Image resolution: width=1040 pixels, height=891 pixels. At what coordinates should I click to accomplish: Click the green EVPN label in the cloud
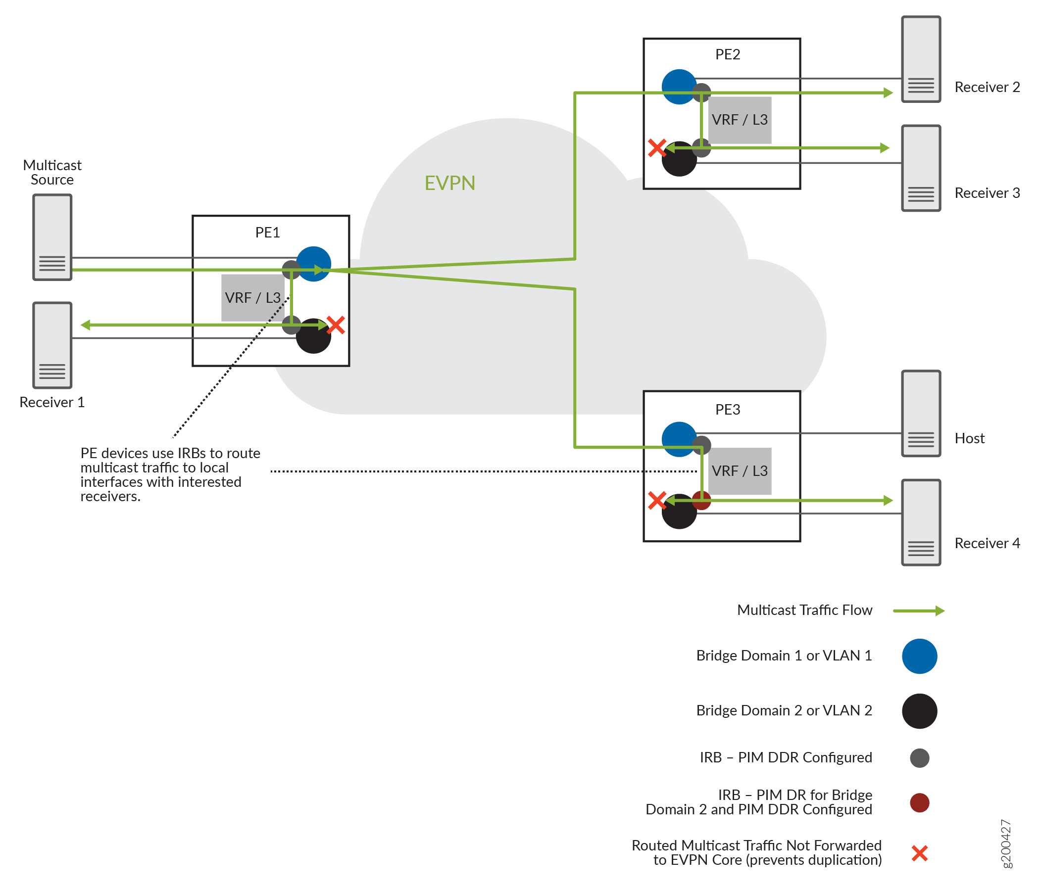(450, 183)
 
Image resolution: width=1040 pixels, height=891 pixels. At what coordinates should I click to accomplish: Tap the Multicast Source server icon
(52, 237)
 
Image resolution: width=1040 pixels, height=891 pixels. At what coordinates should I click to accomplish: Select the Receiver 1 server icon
(52, 345)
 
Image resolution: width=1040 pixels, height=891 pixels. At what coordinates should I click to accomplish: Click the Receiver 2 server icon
(921, 59)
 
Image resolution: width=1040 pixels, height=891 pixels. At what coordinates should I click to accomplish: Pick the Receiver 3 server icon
(921, 168)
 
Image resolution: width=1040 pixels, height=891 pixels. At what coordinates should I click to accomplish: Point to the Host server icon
(921, 414)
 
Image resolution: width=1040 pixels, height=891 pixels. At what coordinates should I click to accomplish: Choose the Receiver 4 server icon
(921, 522)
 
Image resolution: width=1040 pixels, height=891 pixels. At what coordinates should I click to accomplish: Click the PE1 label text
(267, 233)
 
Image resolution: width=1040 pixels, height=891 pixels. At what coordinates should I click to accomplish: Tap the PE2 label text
(727, 54)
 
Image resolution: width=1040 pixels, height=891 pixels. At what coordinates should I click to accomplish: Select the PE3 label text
(727, 409)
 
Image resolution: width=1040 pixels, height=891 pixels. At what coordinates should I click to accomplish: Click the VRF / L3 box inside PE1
(252, 297)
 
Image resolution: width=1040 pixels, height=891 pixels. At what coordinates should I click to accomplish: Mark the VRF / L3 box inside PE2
(740, 120)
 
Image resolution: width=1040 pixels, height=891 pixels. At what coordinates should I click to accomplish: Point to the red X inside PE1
(335, 325)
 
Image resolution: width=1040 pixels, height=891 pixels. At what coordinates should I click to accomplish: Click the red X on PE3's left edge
(656, 500)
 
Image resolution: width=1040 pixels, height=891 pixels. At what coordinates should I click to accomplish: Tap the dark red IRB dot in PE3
(702, 501)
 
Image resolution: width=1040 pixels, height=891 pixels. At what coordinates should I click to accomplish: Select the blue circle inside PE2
(678, 86)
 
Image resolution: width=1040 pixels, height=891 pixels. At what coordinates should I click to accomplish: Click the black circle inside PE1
(314, 337)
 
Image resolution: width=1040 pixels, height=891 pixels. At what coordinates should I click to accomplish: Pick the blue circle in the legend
(919, 656)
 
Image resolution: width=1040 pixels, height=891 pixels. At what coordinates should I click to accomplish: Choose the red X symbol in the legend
(919, 853)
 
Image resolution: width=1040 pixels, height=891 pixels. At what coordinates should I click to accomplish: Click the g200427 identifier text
(1005, 844)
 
